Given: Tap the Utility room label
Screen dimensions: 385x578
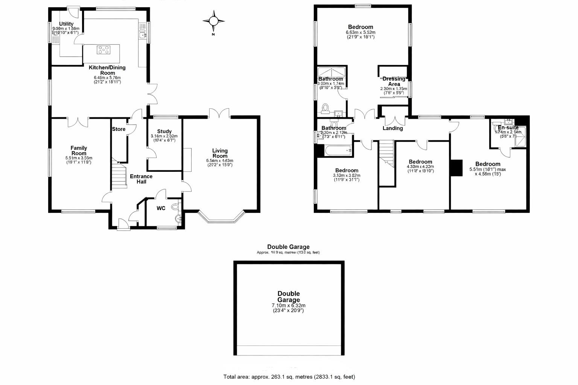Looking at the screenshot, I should point(66,24).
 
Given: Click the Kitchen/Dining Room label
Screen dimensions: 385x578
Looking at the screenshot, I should point(107,70).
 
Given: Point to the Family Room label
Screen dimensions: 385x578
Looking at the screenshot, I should point(79,150).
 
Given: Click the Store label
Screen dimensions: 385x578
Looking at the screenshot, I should point(119,129).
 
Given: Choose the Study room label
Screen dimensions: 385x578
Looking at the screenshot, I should point(164,132).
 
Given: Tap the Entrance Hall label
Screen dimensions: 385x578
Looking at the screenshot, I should point(141,179).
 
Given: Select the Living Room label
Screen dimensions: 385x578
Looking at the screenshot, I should point(220,153).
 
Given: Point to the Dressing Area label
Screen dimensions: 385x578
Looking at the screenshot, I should point(394,81).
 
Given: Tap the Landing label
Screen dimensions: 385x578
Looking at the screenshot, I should point(392,128).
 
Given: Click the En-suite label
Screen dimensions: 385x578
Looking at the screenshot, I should point(508,127).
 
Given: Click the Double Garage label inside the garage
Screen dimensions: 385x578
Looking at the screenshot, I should point(289,296).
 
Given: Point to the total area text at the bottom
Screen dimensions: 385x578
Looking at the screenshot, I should point(289,377).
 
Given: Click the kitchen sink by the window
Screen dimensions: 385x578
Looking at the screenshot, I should point(143,35).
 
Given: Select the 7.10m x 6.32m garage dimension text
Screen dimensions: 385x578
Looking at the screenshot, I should point(289,306).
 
